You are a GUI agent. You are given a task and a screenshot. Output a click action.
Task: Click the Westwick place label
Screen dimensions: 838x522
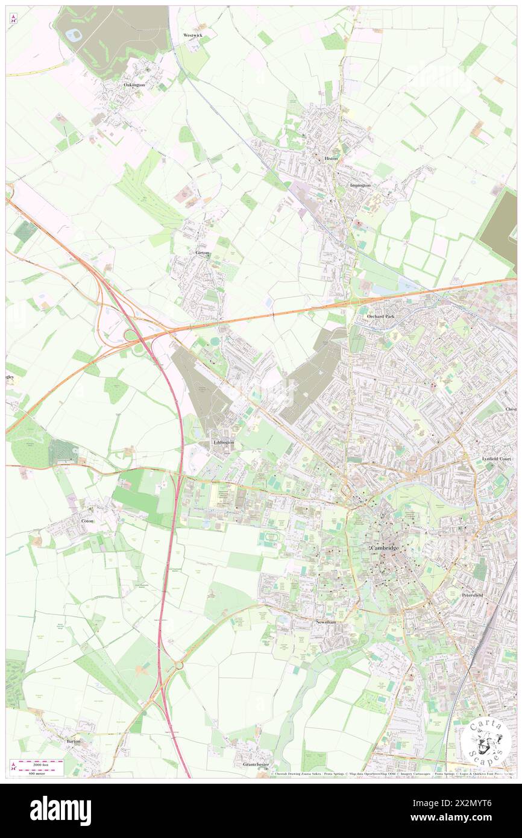(x=193, y=36)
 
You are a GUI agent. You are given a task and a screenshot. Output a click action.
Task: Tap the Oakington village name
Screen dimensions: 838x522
(x=134, y=85)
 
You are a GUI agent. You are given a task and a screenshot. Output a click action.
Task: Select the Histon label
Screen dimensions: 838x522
(x=332, y=158)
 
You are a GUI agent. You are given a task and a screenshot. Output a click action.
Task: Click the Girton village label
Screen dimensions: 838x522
(x=202, y=253)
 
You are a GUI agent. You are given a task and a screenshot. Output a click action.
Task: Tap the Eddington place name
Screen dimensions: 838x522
(x=223, y=443)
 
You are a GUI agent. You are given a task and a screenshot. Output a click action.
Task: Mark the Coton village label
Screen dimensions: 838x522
(x=87, y=520)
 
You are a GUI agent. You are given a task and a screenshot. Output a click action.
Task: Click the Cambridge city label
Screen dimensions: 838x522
(x=384, y=548)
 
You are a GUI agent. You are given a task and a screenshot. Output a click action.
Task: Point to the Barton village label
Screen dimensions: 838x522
(x=73, y=740)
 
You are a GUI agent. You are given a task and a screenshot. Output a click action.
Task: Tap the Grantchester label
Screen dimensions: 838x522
(x=256, y=764)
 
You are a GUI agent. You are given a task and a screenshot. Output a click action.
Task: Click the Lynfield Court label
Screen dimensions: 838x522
(x=496, y=459)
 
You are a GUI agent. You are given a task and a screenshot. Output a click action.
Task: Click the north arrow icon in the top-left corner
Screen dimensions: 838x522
(x=13, y=19)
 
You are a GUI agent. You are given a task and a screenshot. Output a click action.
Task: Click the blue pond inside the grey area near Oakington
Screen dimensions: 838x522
(x=74, y=34)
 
